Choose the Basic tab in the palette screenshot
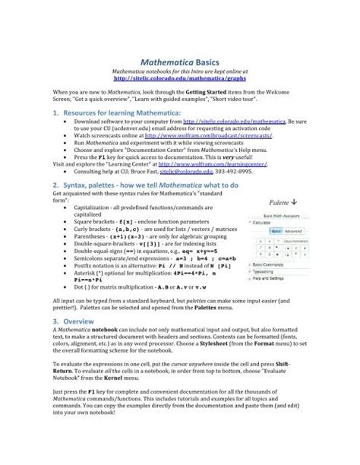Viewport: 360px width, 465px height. click(x=276, y=230)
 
